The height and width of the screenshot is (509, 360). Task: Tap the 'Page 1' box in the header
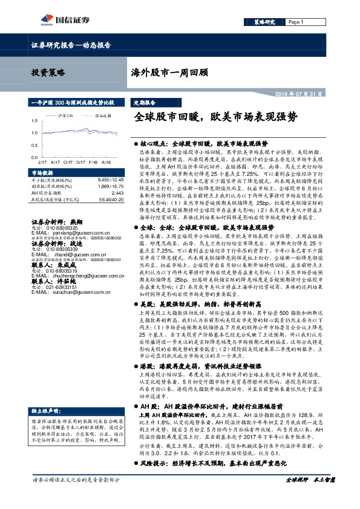point(296,22)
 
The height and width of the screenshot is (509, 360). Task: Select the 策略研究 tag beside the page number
point(263,22)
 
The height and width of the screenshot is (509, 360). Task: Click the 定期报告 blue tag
point(145,103)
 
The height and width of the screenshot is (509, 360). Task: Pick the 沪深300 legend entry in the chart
point(65,114)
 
